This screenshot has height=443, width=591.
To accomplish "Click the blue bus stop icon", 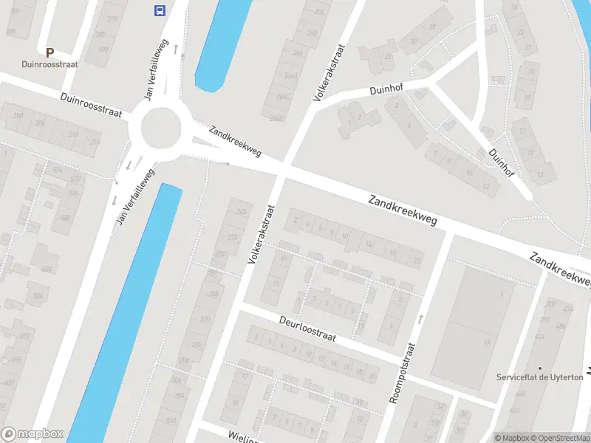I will click(x=159, y=10).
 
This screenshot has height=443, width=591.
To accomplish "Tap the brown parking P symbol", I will click(x=49, y=52).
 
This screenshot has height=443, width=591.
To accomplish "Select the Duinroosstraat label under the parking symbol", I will click(x=50, y=64).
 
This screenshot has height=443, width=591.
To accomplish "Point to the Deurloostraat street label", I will click(x=307, y=329).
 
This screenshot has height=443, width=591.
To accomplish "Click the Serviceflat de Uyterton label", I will click(x=539, y=377).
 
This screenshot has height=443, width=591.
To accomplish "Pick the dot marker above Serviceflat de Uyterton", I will click(x=540, y=368).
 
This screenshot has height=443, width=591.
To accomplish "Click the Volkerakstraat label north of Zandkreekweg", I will click(x=330, y=72).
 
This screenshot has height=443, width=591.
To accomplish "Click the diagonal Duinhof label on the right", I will click(x=502, y=162).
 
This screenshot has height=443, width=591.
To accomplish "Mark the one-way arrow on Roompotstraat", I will click(x=420, y=319).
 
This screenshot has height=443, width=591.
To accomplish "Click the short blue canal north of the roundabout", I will click(x=219, y=44).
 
